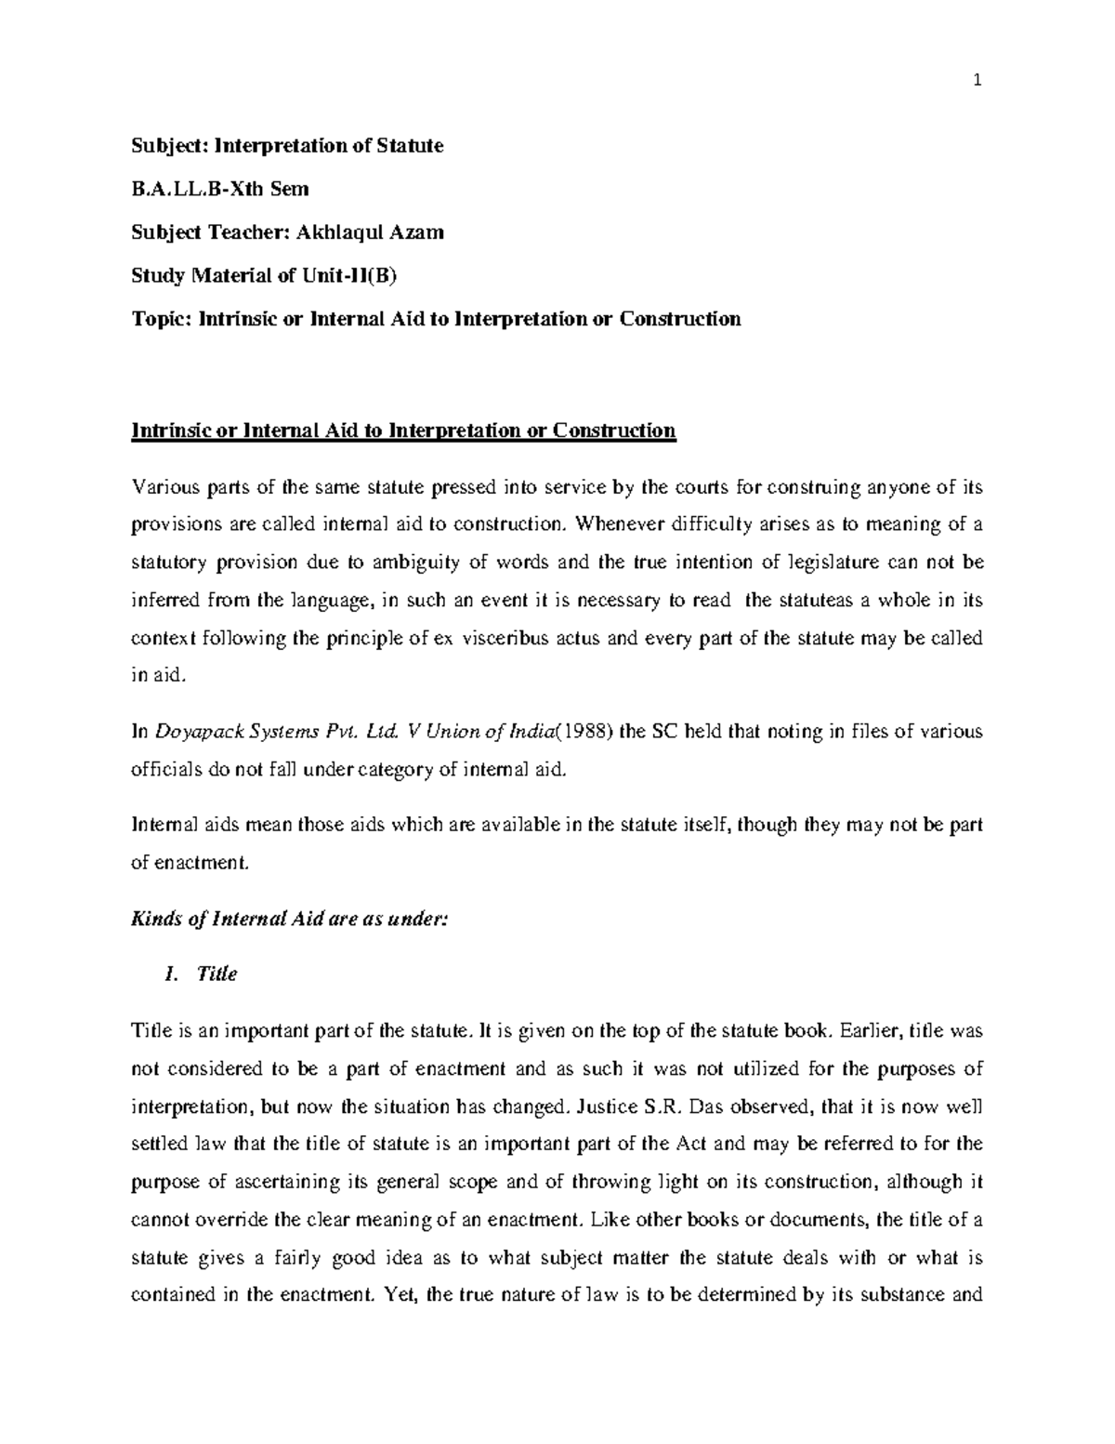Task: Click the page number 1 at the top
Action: pyautogui.click(x=977, y=82)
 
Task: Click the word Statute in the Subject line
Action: pyautogui.click(x=412, y=146)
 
